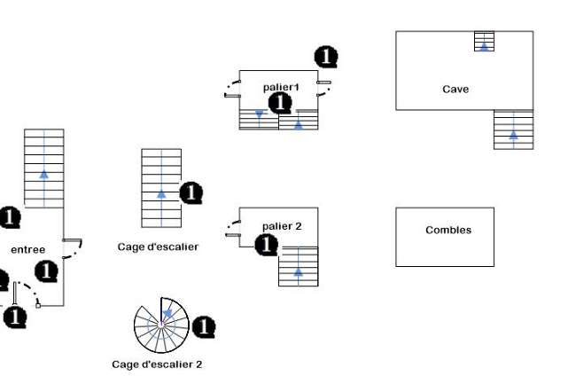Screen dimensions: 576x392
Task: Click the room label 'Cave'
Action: point(455,89)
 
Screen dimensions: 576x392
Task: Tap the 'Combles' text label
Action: point(448,230)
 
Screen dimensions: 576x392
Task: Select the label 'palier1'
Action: point(281,87)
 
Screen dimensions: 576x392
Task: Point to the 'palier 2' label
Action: point(282,226)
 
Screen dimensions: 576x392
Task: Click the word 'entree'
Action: point(28,250)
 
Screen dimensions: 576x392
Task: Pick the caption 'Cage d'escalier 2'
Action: point(157,365)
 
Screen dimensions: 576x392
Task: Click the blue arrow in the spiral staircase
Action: point(167,313)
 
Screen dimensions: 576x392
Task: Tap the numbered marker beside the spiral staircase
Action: point(204,326)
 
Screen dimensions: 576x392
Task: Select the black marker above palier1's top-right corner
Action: point(326,57)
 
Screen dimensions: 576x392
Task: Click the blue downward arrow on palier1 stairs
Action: point(260,114)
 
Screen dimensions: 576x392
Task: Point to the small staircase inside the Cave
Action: point(484,41)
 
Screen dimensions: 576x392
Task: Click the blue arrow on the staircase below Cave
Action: point(514,135)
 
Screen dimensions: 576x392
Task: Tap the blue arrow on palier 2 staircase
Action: point(299,271)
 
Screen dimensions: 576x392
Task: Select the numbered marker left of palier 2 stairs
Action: point(266,245)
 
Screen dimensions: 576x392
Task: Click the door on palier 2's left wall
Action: point(233,229)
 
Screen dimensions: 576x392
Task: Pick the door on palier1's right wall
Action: point(324,89)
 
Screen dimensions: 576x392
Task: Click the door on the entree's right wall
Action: point(73,248)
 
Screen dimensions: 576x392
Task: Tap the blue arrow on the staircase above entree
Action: point(44,174)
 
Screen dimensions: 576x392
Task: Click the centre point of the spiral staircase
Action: point(161,325)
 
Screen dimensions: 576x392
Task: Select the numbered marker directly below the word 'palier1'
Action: point(280,103)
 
